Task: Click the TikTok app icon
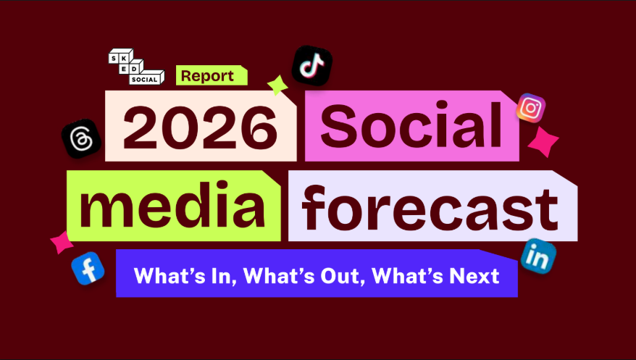click(312, 66)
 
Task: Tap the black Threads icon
click(81, 137)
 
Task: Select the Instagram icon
click(531, 108)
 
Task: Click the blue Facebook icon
click(88, 268)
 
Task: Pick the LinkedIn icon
click(538, 256)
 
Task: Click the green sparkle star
click(277, 85)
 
